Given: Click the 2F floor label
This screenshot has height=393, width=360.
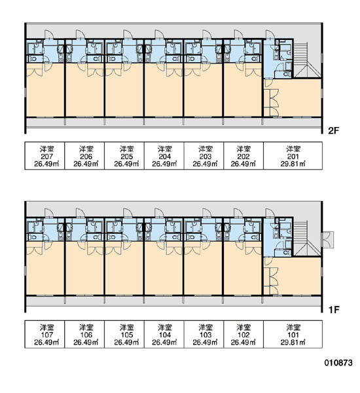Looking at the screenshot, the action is (x=333, y=130).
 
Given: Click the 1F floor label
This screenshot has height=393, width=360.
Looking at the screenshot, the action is (x=334, y=310).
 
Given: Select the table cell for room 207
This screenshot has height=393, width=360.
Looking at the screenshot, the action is (x=45, y=156).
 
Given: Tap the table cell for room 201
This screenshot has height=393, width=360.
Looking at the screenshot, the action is (x=293, y=156).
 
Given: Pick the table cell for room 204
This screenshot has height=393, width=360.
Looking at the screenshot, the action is (x=164, y=156).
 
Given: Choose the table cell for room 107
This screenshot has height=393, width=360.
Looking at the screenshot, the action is (x=45, y=334).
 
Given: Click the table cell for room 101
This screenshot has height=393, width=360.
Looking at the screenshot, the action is (x=293, y=334).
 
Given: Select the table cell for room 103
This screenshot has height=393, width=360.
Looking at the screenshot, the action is (x=204, y=334).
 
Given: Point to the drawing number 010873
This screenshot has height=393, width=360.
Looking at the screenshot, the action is (x=338, y=363).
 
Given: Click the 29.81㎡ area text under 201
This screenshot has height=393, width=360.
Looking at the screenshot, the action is (x=293, y=164).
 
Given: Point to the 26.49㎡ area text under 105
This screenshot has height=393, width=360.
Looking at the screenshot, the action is (x=126, y=343).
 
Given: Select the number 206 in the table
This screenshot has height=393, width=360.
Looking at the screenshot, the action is (x=86, y=157).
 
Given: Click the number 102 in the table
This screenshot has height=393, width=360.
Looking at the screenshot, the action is (x=243, y=335).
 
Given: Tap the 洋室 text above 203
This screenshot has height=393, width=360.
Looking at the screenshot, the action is (x=206, y=149).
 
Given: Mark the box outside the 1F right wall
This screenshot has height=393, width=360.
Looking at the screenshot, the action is (x=328, y=240).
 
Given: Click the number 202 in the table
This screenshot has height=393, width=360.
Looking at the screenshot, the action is (x=243, y=157).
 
